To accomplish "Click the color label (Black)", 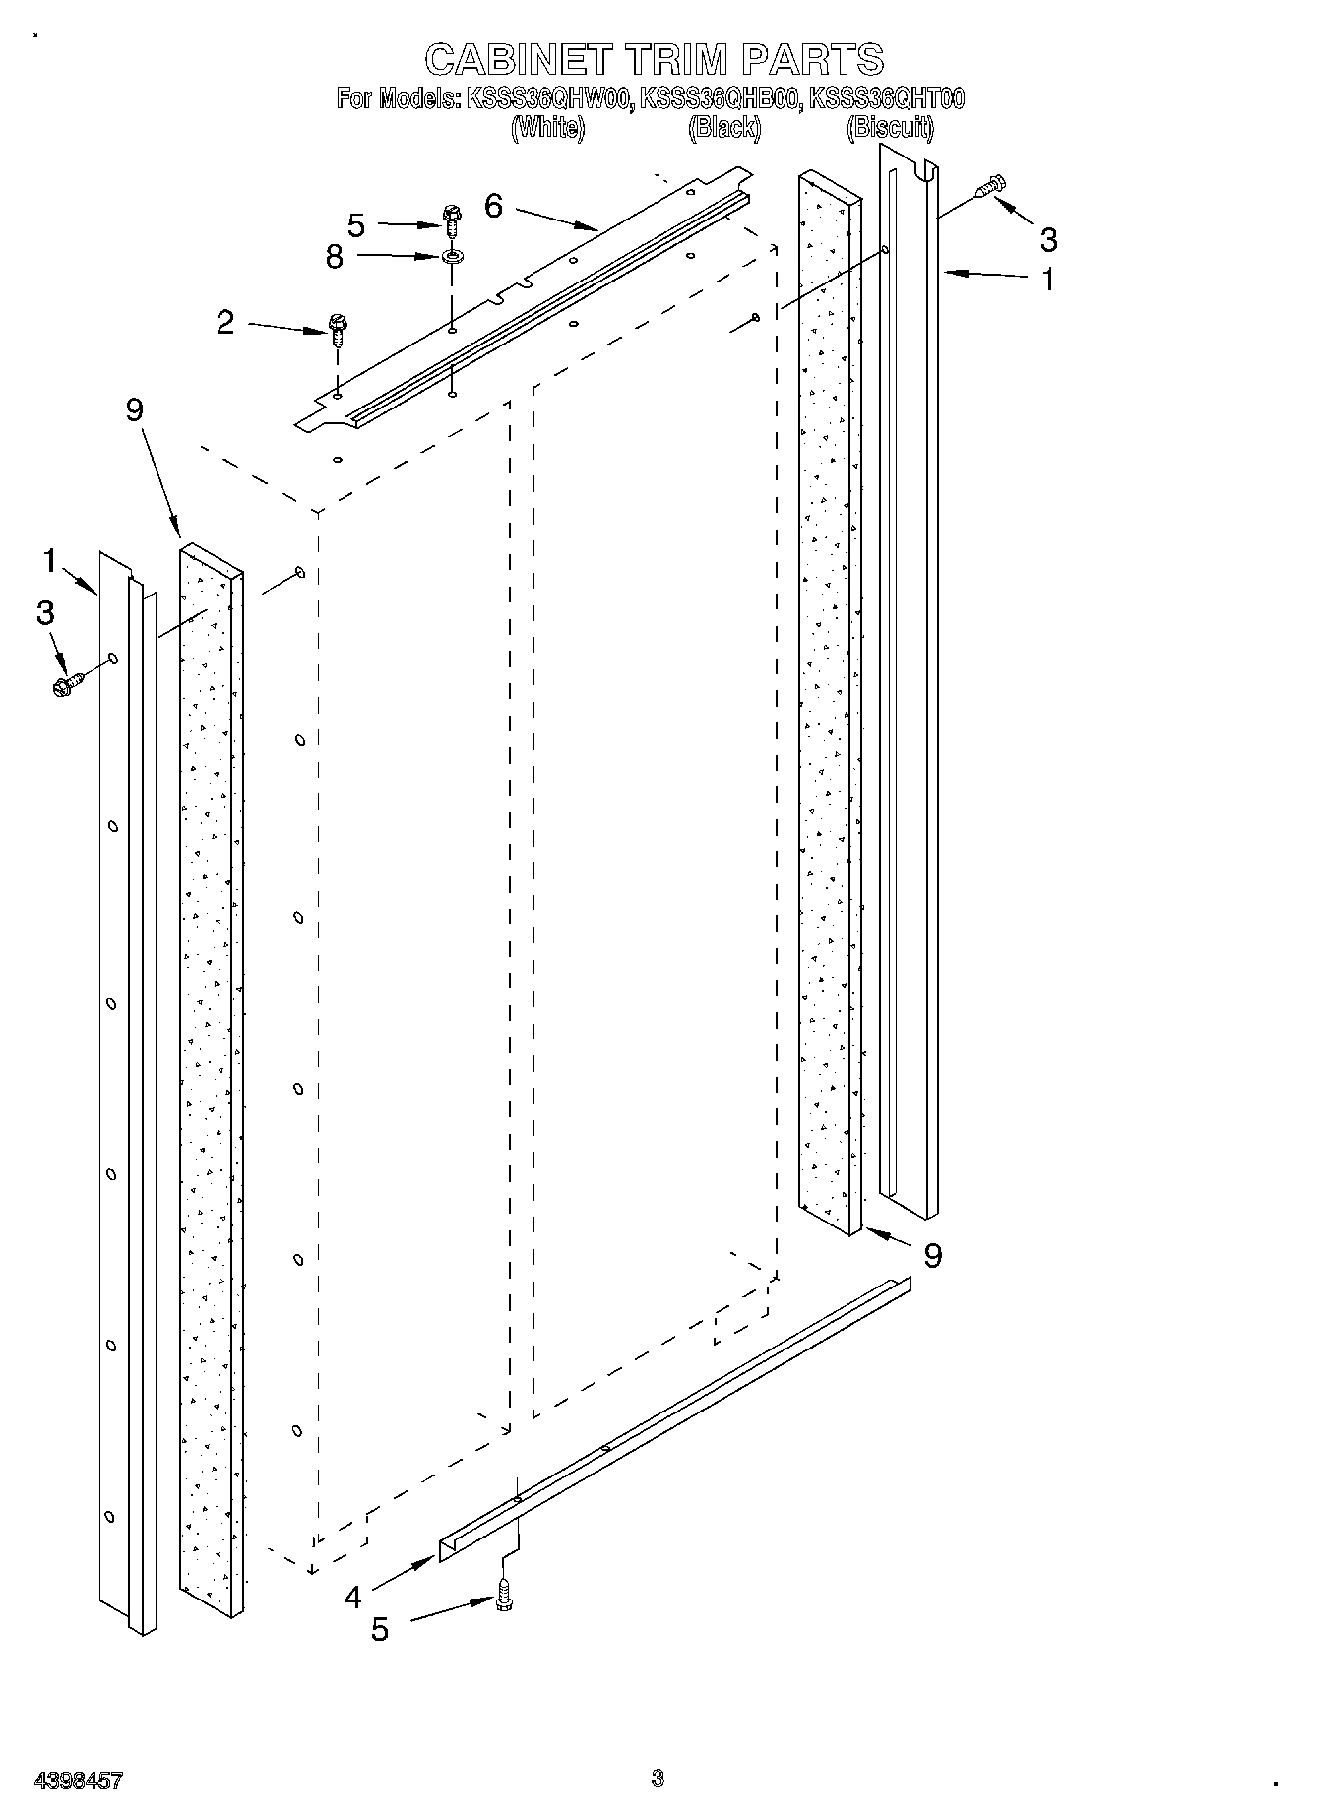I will coord(724,127).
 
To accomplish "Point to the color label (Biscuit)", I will coord(891,127).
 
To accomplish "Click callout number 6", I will coord(493,206).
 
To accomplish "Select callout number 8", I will coord(335,257).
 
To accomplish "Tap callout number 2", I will coord(225,322).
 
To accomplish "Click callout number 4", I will coord(353,1596).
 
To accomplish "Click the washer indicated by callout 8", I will coord(453,258).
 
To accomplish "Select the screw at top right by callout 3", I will coord(990,186).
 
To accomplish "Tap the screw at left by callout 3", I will coord(69,683).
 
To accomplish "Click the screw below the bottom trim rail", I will coord(505,1594).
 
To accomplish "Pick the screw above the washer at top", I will coord(453,219).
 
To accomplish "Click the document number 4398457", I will coord(79,1779).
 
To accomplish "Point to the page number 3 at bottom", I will coord(658,1777).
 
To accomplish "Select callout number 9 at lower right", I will coord(932,1254).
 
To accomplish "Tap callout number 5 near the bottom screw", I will coord(380,1628).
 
